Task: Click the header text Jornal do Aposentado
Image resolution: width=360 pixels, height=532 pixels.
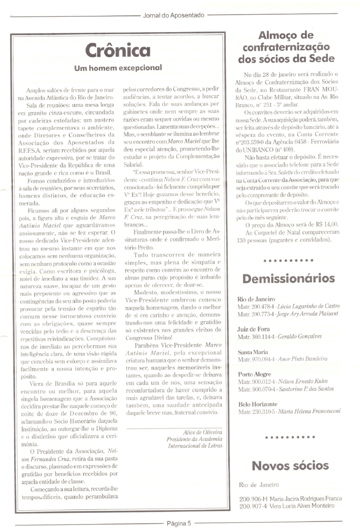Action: click(174, 16)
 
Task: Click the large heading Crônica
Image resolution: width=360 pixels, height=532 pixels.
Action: click(118, 50)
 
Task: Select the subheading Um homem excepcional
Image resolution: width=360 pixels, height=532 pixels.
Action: click(118, 68)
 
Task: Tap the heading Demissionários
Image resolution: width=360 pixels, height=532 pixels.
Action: click(288, 278)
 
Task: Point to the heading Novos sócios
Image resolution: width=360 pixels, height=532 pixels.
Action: click(290, 466)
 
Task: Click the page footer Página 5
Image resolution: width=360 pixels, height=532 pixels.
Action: click(179, 523)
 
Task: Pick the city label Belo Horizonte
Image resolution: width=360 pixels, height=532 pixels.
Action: click(257, 404)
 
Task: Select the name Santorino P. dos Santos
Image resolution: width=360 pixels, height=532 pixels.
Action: click(306, 389)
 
